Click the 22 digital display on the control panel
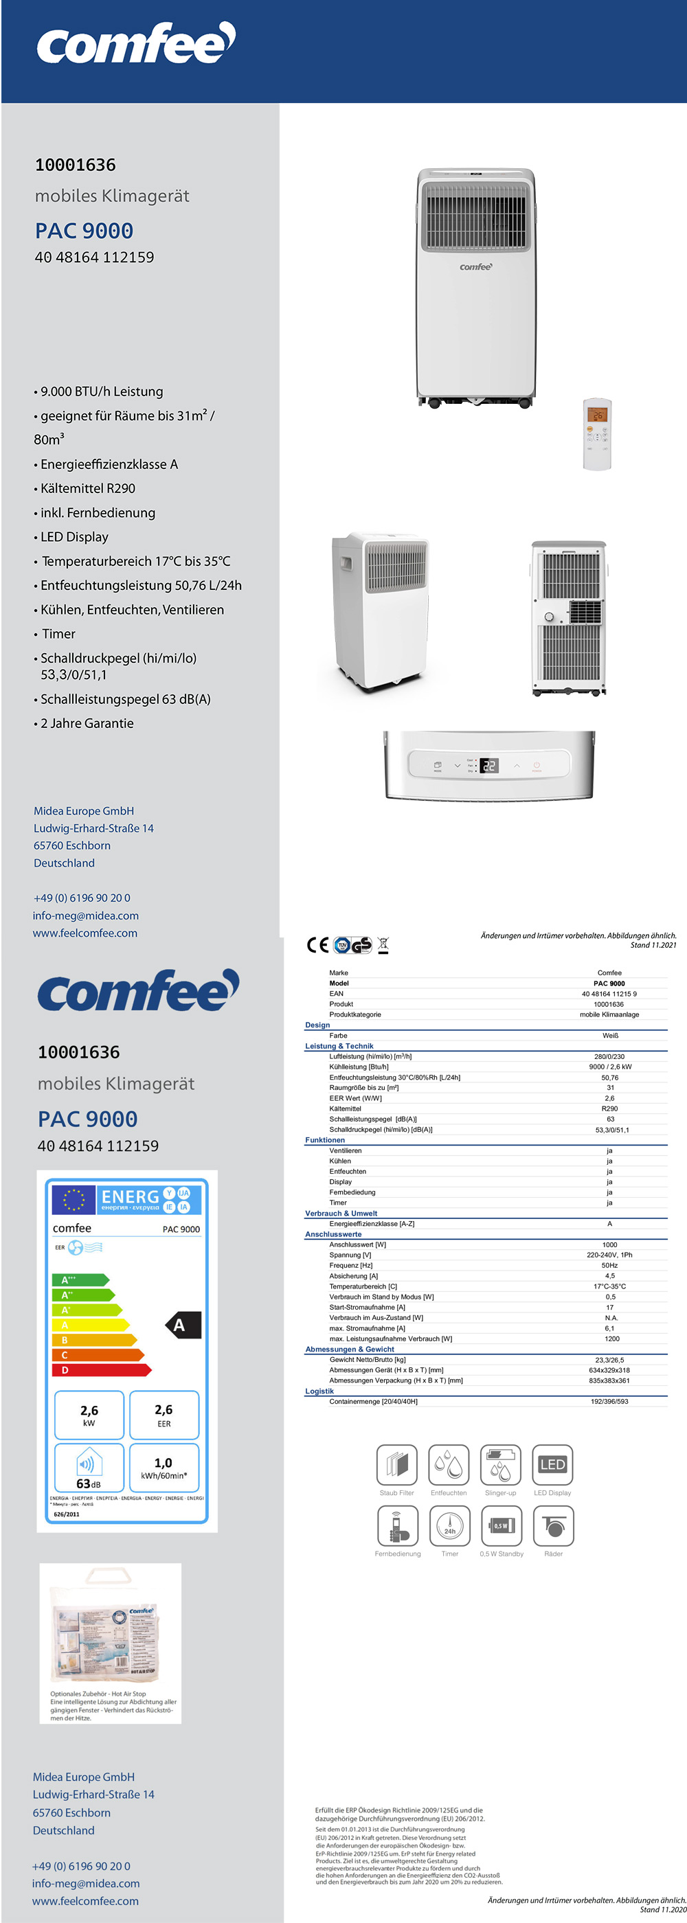489,765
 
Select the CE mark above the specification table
317,945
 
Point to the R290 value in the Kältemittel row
609,1108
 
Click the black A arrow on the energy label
182,1325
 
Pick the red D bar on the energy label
101,1370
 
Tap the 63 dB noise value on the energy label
88,1483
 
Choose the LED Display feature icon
552,1465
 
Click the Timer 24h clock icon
449,1525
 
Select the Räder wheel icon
553,1525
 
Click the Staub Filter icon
396,1465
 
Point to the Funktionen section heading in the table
325,1140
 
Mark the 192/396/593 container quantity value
609,1401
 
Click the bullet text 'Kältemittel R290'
88,488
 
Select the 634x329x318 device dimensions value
609,1370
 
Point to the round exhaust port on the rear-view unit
550,617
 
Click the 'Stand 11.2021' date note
653,945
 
